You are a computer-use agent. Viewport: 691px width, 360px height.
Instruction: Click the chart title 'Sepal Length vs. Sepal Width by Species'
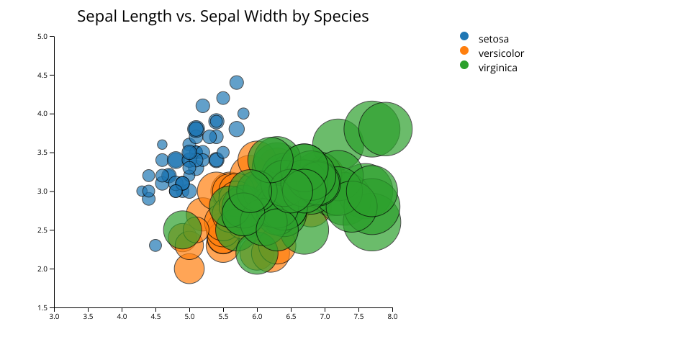click(x=223, y=17)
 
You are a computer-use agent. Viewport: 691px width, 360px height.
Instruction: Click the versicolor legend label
click(x=501, y=53)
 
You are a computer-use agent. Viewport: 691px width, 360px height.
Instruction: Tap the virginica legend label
click(x=497, y=68)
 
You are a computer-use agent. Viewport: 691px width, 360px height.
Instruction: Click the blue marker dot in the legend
click(x=464, y=36)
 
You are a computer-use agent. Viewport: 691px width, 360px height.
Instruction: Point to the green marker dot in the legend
click(x=464, y=65)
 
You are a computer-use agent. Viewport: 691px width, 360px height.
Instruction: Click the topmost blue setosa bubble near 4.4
click(x=237, y=83)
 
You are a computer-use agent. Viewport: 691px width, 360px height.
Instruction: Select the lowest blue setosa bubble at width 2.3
click(x=155, y=246)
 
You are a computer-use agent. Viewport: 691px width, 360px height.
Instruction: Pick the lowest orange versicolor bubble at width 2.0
click(x=189, y=269)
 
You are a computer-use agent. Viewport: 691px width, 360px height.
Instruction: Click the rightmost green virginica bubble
click(x=385, y=130)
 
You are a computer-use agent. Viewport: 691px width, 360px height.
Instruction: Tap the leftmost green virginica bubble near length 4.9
click(x=182, y=230)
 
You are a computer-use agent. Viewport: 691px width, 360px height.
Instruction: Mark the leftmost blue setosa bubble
click(x=142, y=191)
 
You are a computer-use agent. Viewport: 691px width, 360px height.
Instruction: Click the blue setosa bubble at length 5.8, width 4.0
click(x=243, y=113)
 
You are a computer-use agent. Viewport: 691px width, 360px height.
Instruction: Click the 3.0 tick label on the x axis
click(x=54, y=315)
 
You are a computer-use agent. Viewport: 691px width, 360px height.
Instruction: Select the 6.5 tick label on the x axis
click(x=291, y=315)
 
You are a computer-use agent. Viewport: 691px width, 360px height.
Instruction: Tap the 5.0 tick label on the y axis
click(x=42, y=36)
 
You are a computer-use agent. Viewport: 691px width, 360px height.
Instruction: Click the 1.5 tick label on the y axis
click(x=42, y=307)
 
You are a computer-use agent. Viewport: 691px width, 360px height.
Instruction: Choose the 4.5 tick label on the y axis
click(x=42, y=75)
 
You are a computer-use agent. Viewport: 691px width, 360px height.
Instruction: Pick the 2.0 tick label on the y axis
click(x=42, y=269)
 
